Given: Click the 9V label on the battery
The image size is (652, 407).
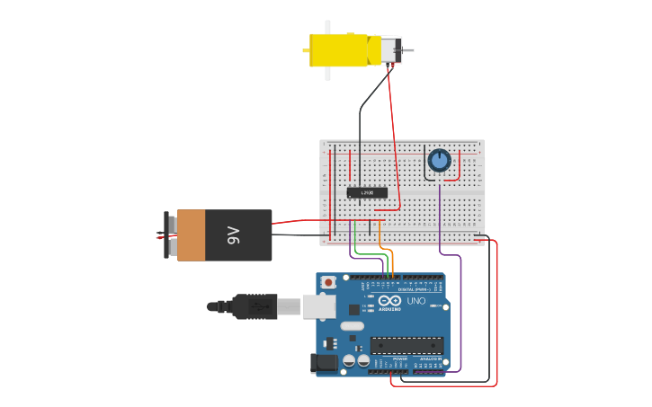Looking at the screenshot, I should coord(234,235).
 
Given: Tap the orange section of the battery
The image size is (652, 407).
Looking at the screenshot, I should coord(192,235).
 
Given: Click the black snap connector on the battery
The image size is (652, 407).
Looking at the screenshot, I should coord(167,235).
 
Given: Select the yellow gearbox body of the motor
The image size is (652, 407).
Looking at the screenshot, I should coord(340,49).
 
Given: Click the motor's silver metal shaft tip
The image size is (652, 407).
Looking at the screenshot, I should coord(410,50).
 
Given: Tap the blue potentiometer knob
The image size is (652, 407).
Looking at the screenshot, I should coord(439,160).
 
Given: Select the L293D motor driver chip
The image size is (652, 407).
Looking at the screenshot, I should coord(367,192).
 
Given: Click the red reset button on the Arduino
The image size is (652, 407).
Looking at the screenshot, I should coord(328,282).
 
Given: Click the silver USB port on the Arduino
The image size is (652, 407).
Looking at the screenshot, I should coord(318,306).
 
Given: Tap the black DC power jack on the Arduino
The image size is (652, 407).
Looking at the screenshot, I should coord(323,363).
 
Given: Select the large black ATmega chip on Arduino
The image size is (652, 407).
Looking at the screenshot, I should coord(406,345).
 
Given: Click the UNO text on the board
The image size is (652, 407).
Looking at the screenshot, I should coord(415,301).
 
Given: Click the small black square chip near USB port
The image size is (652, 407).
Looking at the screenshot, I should coord(353,310).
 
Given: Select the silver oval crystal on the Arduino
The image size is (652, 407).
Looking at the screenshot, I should coord(353,326).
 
